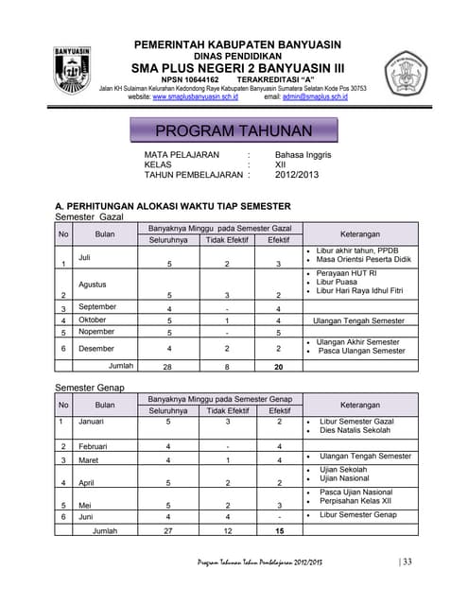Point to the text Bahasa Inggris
tap(303, 153)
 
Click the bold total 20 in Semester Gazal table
tap(278, 365)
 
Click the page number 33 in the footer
tap(408, 562)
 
